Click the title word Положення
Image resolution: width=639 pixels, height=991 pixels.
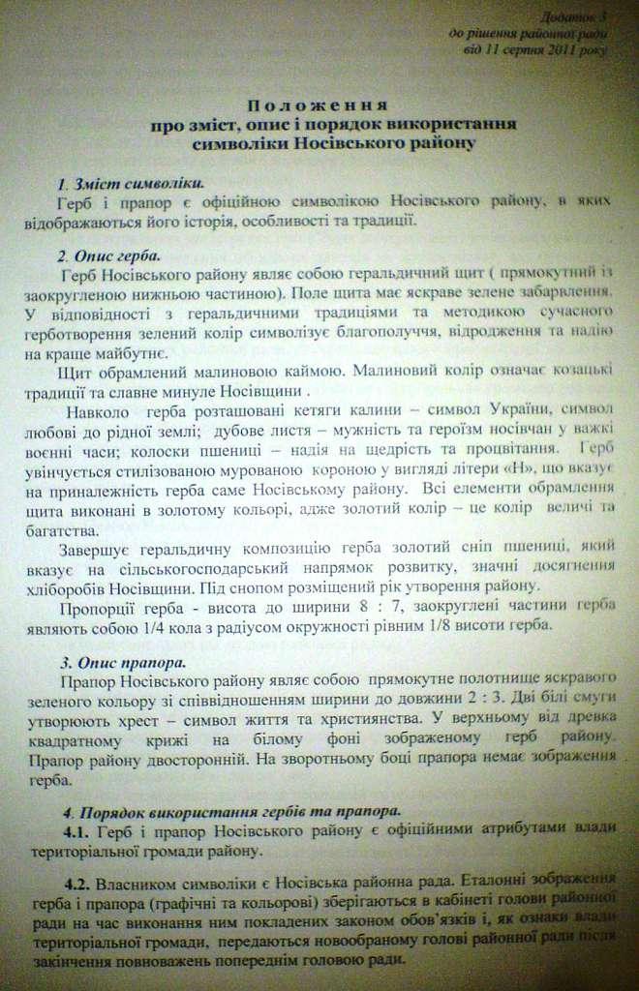tap(318, 105)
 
